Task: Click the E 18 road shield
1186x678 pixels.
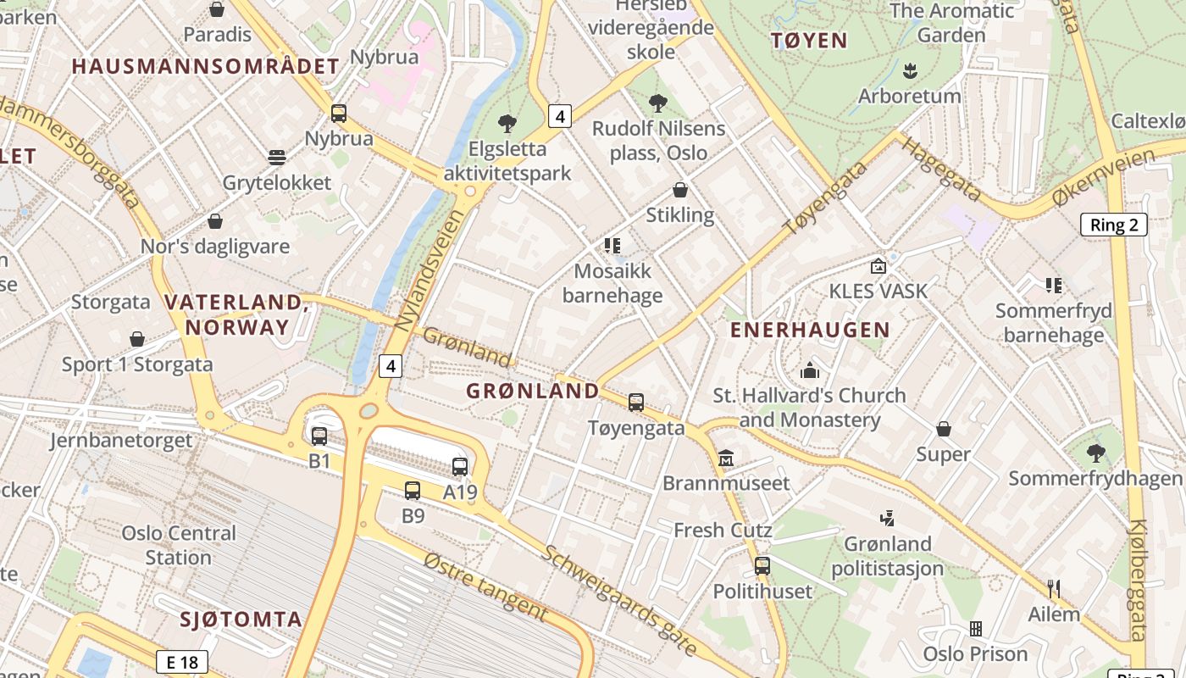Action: pos(182,662)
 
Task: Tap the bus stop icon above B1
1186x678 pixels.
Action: pos(319,436)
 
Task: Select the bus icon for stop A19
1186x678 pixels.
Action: pos(460,466)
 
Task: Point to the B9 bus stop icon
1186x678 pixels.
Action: pos(413,490)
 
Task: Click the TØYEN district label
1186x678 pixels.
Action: pos(809,40)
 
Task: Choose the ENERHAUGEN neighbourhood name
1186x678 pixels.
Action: pos(810,330)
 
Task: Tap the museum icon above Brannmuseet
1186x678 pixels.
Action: pos(726,458)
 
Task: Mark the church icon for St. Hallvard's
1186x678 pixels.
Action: pos(810,370)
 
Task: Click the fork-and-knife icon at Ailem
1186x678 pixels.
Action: pos(1054,588)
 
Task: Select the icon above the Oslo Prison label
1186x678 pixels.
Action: pos(976,629)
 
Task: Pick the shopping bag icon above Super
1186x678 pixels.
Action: pos(944,429)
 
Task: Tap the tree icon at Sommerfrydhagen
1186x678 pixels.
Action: pos(1095,453)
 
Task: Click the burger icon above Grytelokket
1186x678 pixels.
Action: pos(276,157)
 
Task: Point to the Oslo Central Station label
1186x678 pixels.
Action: pos(179,545)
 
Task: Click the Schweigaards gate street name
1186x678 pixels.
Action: pos(620,600)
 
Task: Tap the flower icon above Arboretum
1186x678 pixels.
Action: pos(911,70)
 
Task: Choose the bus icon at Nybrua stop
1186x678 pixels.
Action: pos(339,113)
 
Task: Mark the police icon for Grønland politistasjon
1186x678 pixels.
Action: pos(887,518)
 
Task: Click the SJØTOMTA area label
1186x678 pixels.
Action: pos(241,619)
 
